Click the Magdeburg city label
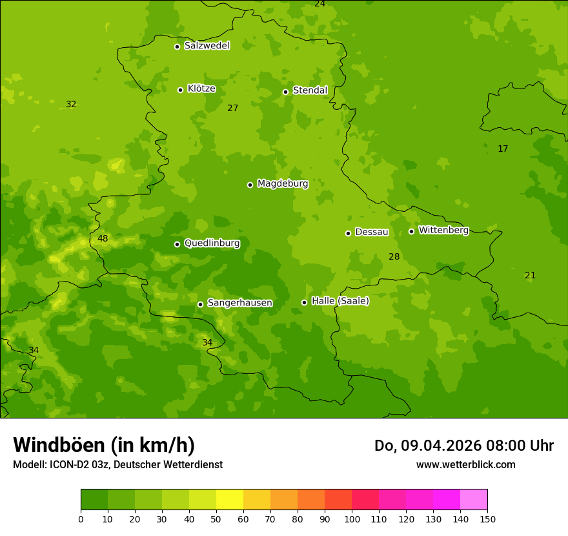coord(282,184)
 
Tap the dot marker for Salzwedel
coord(177,46)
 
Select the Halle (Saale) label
coord(340,301)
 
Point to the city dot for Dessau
coord(348,233)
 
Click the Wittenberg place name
coord(443,230)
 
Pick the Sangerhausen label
coord(239,303)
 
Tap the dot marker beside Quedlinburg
coord(177,244)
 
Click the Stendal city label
coord(310,90)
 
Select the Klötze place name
coord(201,88)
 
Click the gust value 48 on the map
coord(103,239)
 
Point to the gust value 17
coord(503,149)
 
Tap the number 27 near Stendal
coord(232,108)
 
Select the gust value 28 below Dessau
coord(394,257)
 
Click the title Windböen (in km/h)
coord(104,445)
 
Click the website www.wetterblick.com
coord(465,465)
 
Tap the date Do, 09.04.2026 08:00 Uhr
coord(463,446)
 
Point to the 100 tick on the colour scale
coord(352,518)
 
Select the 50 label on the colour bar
coord(216,518)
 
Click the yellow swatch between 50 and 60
coord(230,500)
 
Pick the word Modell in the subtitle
coord(28,465)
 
